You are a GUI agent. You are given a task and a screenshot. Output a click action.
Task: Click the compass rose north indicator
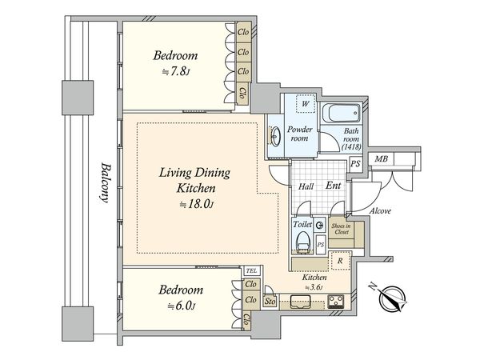393,298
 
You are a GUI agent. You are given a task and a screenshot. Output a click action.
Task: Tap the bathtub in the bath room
342,113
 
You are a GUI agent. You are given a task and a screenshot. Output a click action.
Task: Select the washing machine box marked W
306,103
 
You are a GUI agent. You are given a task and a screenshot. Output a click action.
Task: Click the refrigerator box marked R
341,261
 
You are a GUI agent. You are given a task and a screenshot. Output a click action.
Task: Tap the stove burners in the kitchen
336,301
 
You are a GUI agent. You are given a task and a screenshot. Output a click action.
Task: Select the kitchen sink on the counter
301,302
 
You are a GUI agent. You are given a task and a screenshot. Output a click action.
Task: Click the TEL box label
252,270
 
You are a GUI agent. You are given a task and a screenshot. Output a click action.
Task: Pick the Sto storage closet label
270,302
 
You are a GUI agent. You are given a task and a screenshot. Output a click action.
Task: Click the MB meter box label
381,159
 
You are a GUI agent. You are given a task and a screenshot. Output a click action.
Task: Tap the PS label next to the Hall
355,164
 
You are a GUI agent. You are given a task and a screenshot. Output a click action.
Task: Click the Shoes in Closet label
341,229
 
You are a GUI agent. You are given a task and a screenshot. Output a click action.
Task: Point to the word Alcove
380,211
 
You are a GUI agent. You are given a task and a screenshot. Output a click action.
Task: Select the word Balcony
105,183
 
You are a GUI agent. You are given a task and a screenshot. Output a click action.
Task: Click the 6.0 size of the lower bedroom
181,306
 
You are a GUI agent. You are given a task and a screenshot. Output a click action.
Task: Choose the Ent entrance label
333,186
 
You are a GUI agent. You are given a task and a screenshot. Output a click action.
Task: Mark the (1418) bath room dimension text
351,146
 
